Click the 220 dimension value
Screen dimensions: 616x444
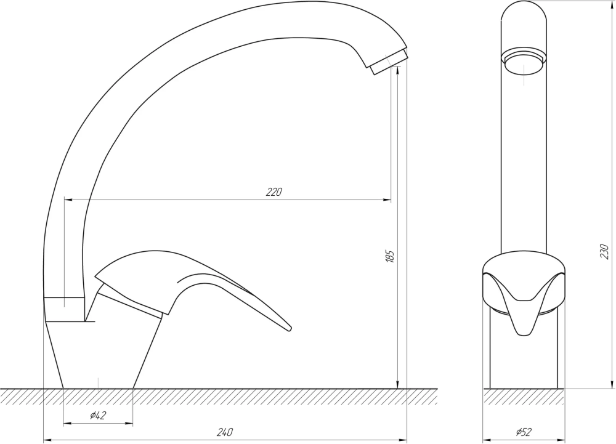[274, 192]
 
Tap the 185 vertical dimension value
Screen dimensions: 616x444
[390, 256]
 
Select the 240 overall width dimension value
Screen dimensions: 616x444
[225, 432]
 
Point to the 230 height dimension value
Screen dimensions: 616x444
[604, 252]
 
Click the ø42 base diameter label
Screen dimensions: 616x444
[98, 415]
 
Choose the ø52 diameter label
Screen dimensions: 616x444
[524, 432]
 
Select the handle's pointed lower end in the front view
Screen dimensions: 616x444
[524, 334]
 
